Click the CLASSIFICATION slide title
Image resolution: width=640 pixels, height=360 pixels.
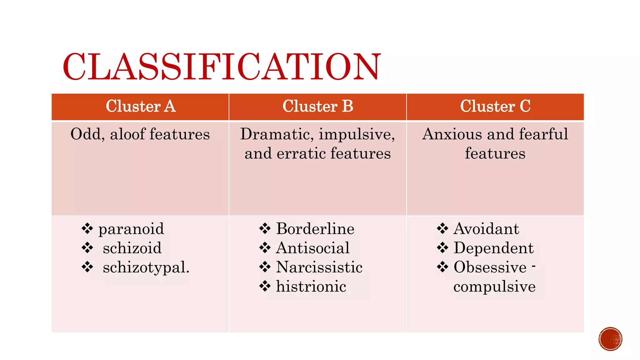pyautogui.click(x=222, y=67)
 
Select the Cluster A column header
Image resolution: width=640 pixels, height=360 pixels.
pyautogui.click(x=141, y=106)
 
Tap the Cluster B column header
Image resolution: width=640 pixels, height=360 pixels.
pyautogui.click(x=318, y=106)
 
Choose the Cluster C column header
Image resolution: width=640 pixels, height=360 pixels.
pyautogui.click(x=495, y=106)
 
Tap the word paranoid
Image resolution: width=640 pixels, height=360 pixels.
pyautogui.click(x=131, y=229)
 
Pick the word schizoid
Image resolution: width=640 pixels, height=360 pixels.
pyautogui.click(x=132, y=248)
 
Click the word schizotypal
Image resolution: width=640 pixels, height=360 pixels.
pyautogui.click(x=146, y=268)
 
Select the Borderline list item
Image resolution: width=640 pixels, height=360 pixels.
pyautogui.click(x=315, y=229)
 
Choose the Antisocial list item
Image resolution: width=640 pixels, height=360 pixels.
pyautogui.click(x=313, y=248)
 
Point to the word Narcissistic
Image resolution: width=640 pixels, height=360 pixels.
pyautogui.click(x=319, y=267)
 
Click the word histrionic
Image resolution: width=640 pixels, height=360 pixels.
pyautogui.click(x=311, y=287)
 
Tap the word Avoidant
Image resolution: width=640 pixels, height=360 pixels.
pyautogui.click(x=486, y=229)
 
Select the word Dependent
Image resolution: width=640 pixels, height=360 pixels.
pyautogui.click(x=493, y=248)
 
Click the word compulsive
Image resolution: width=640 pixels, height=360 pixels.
pyautogui.click(x=494, y=287)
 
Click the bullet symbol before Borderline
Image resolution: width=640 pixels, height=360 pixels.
pyautogui.click(x=265, y=229)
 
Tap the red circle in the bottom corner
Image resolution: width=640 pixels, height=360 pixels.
pyautogui.click(x=610, y=339)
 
